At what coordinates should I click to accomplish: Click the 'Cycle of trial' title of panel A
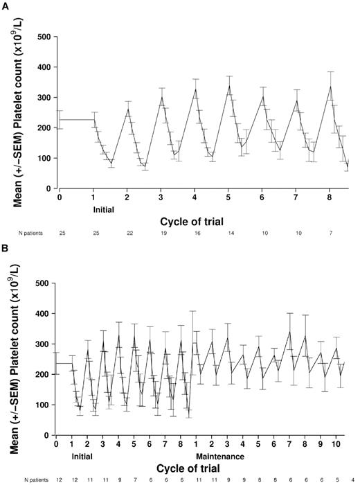point(206,221)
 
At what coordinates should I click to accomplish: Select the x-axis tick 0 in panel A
point(60,197)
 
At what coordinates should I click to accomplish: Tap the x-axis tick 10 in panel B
point(334,445)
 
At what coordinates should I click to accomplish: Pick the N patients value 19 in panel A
point(161,233)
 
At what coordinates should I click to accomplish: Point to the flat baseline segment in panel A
point(76,120)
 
